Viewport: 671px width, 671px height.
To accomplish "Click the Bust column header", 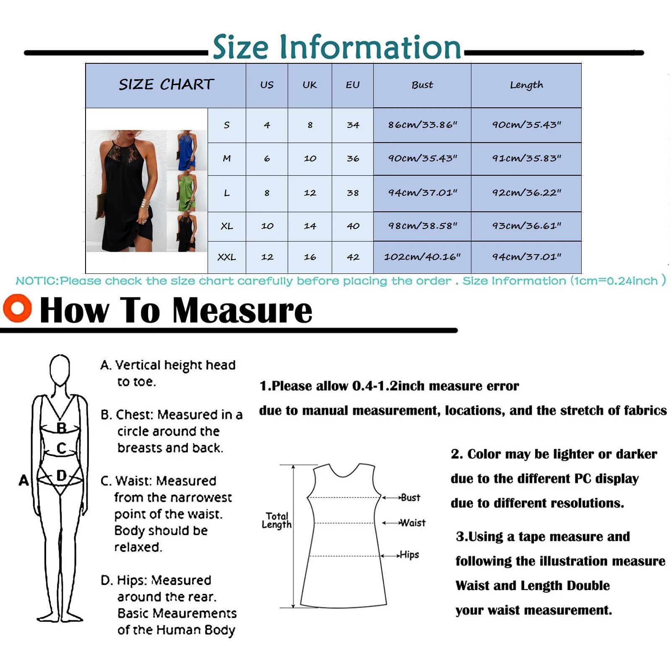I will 422,85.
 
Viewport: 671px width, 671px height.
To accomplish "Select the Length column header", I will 526,85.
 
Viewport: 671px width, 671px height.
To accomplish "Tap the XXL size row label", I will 226,257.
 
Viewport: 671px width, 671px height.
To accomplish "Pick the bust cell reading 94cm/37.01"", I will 422,193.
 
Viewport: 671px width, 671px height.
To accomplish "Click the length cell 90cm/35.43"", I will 526,125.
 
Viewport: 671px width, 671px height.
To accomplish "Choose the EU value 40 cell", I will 353,226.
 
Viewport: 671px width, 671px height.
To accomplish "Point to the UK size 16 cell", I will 310,257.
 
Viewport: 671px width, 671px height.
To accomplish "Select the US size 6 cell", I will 267,159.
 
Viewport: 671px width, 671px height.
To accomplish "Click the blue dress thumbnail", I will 187,150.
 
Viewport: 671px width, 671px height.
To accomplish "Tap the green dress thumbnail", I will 187,191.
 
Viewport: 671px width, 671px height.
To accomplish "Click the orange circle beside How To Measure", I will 17,308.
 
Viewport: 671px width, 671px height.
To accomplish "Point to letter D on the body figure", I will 61,476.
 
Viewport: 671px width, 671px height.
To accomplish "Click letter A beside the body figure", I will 24,480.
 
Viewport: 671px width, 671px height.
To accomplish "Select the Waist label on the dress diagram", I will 413,523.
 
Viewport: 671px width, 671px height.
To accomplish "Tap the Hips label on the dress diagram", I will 409,555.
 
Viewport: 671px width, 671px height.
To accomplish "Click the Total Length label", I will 276,520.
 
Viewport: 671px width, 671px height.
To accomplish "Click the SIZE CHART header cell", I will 166,85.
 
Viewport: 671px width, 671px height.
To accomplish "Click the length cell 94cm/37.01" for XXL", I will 526,257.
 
